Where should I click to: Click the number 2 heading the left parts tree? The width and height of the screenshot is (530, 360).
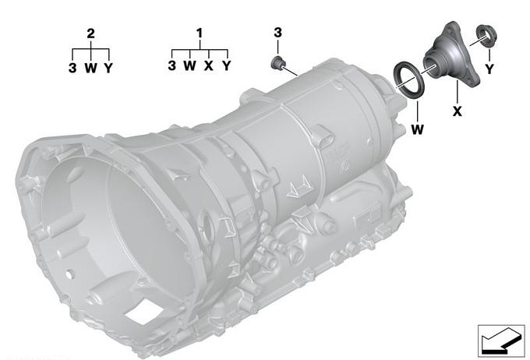click(90, 34)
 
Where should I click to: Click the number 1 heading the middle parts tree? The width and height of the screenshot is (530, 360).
click(200, 34)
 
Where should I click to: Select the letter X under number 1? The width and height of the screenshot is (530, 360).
click(209, 65)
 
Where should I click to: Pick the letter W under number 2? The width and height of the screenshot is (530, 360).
click(90, 68)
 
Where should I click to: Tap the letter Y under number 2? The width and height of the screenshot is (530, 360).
click(108, 68)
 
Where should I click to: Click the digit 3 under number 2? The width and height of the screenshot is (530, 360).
click(72, 68)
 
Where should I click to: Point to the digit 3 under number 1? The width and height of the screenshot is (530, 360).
click(171, 65)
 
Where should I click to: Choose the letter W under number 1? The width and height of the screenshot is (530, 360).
click(190, 65)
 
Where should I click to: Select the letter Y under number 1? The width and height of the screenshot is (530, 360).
click(227, 65)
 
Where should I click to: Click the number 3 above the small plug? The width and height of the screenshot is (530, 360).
click(277, 33)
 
